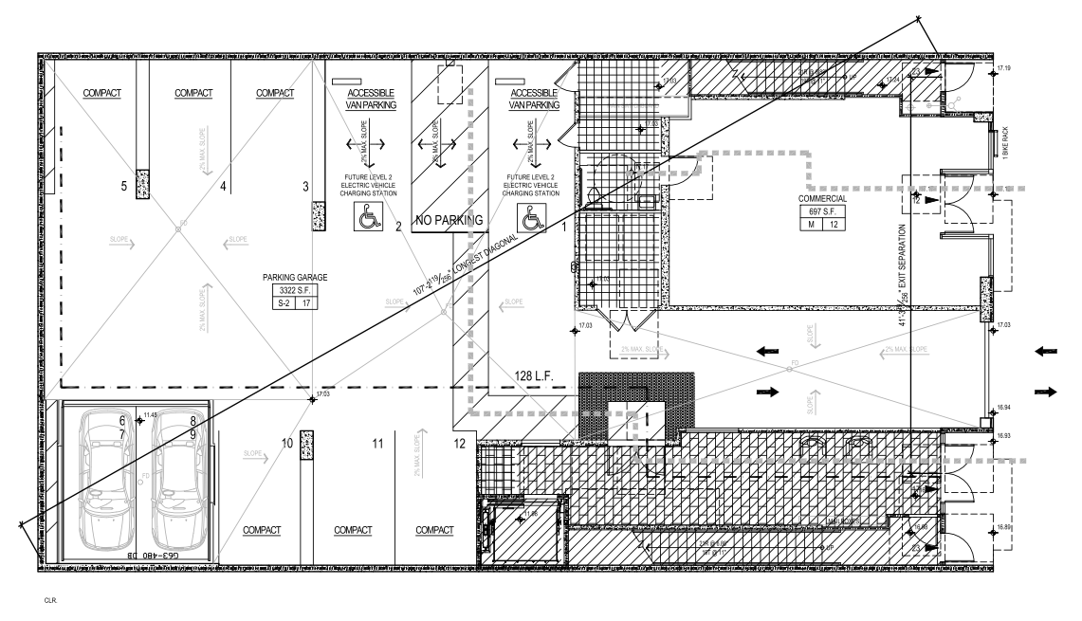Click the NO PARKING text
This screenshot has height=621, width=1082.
point(449,221)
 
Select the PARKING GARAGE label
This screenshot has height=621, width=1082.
point(295,278)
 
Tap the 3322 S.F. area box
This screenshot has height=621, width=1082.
point(295,291)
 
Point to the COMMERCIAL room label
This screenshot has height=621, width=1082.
point(821,199)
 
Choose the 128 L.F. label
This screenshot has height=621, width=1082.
point(539,374)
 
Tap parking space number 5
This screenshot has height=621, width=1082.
point(124,187)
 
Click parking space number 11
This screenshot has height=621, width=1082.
point(376,444)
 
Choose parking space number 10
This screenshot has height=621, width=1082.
point(287,444)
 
